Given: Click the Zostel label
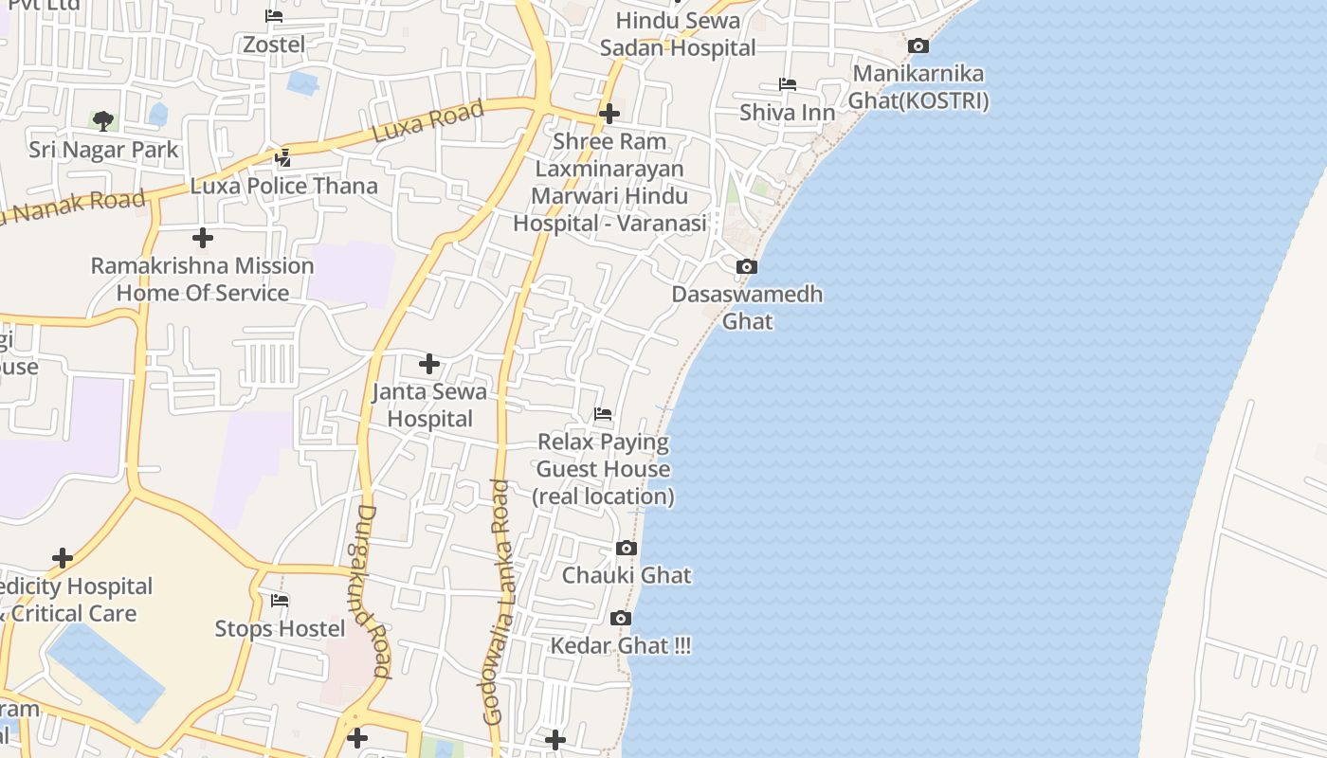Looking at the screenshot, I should [274, 45].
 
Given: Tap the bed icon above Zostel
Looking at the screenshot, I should [274, 16].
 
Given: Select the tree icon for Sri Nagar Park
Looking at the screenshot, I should [103, 120].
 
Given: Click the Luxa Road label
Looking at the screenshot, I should [427, 121].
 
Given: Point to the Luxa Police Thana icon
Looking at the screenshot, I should [282, 157].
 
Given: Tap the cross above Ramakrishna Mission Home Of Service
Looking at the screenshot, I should [203, 238].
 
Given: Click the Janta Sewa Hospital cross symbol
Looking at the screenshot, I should [429, 364].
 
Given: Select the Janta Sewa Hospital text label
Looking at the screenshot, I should [429, 405].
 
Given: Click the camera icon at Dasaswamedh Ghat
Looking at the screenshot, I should [747, 267].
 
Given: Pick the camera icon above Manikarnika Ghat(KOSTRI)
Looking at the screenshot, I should [918, 45].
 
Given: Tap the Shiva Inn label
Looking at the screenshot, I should [788, 113].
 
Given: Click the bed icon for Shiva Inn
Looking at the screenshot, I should [787, 84].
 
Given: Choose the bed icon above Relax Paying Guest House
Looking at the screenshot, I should [603, 414].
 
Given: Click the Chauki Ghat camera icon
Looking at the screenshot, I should [626, 548].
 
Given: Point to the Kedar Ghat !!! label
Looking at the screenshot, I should [621, 646].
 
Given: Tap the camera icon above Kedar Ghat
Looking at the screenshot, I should [621, 619].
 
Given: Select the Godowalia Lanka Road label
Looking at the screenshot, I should [498, 603].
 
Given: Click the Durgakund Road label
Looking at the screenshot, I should [372, 590].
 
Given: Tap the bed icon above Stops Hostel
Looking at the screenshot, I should [280, 601].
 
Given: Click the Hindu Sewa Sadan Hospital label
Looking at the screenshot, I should [678, 34].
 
